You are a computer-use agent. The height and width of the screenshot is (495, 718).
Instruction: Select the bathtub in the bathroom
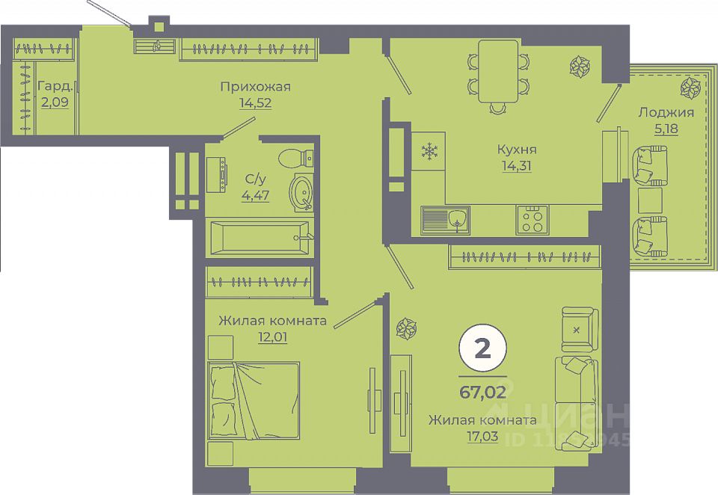257,237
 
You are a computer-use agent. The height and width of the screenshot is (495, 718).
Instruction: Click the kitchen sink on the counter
445,220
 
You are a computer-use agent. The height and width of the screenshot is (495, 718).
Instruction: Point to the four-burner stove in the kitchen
533,219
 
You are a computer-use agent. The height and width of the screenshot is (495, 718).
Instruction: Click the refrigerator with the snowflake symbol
429,152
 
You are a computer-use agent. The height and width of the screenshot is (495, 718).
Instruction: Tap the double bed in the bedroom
254,400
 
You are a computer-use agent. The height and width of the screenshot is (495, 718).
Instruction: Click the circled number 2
482,349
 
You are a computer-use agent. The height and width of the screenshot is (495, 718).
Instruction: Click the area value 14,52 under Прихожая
255,103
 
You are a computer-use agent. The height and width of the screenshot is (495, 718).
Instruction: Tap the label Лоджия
666,113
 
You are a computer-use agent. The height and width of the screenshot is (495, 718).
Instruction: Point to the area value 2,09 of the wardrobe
55,102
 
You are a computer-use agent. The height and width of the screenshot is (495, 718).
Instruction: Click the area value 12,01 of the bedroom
273,336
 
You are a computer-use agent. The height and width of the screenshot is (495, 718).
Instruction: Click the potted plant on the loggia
690,87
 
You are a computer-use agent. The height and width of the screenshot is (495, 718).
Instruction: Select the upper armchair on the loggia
650,166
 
